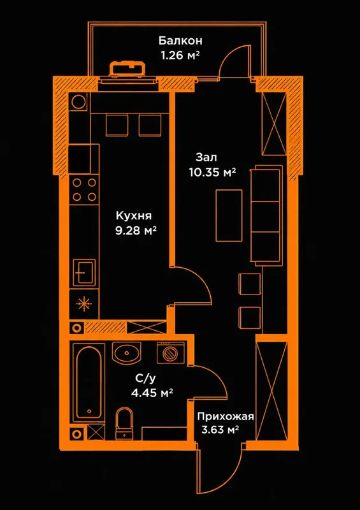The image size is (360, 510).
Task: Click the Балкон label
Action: point(180,41)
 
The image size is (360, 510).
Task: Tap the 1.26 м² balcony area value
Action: point(180,55)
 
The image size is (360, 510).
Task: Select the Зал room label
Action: point(206,157)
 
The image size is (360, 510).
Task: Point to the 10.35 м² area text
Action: point(212,171)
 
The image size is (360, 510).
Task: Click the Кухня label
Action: point(134,216)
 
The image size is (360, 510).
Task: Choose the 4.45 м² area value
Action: point(152,393)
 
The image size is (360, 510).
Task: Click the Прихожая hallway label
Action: point(225,417)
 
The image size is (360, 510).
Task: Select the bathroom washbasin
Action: point(127,353)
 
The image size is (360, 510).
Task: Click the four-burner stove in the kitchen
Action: point(84,189)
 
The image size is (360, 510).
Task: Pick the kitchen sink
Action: point(85,273)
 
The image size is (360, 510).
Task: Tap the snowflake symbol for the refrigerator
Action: point(84,304)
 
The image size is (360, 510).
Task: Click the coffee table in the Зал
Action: point(229,216)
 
